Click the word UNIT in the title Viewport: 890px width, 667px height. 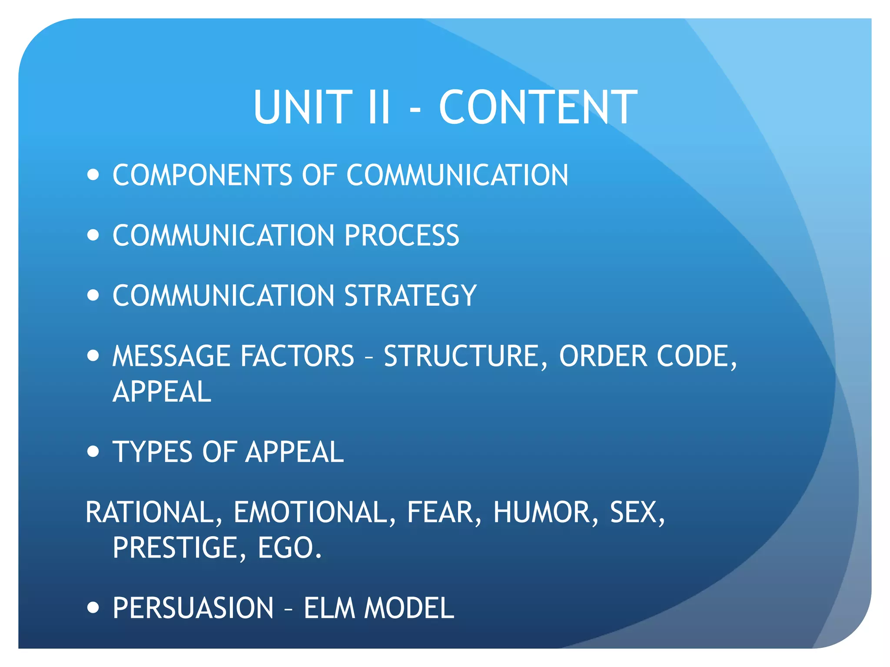pyautogui.click(x=303, y=107)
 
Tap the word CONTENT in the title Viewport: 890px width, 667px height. pyautogui.click(x=538, y=107)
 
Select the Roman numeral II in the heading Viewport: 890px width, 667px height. pyautogui.click(x=379, y=107)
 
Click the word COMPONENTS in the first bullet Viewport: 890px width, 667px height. pyautogui.click(x=203, y=175)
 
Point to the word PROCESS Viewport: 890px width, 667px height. pyautogui.click(x=402, y=235)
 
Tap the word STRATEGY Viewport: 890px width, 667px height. pyautogui.click(x=410, y=296)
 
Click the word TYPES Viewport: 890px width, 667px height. pyautogui.click(x=153, y=452)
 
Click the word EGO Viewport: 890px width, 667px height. pyautogui.click(x=289, y=548)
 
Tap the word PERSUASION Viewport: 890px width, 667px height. pyautogui.click(x=193, y=608)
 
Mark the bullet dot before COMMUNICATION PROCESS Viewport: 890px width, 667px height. pyautogui.click(x=93, y=235)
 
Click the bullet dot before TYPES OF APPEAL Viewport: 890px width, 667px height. pyautogui.click(x=93, y=452)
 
